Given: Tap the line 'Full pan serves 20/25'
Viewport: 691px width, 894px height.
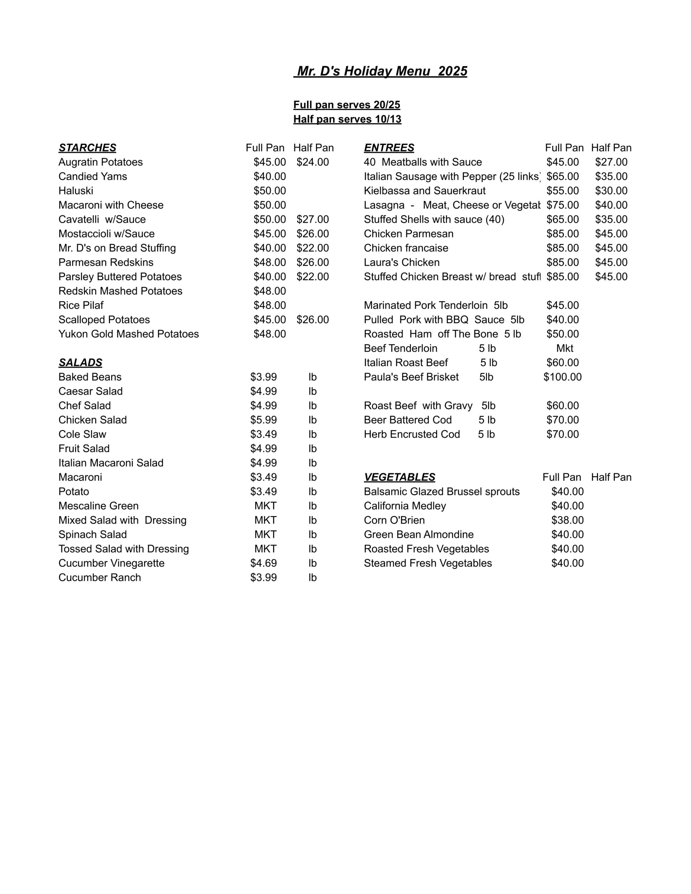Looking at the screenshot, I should [x=347, y=105].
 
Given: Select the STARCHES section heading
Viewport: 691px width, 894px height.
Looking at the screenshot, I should [x=87, y=148].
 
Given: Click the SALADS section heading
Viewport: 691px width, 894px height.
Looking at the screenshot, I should [x=80, y=363].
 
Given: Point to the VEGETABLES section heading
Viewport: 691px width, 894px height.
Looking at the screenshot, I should [x=399, y=477].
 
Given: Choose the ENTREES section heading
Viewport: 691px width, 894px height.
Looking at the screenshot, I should [x=389, y=148].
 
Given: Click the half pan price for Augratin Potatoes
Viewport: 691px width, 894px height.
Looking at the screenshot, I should [x=313, y=162].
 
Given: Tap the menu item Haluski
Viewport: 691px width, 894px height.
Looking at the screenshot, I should [x=76, y=191].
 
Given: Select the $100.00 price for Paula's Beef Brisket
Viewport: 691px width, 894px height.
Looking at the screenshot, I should [x=562, y=377].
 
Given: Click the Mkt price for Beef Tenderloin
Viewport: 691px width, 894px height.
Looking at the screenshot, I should [x=565, y=349].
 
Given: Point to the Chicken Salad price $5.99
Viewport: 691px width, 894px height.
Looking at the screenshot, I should [x=263, y=420].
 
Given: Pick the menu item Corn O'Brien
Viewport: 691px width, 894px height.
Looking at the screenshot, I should [x=394, y=520].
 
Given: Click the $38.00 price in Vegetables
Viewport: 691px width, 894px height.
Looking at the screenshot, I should [x=567, y=520].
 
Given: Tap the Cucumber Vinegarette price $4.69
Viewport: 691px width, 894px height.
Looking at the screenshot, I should [x=263, y=563].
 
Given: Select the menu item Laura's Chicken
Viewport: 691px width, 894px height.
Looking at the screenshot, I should [x=401, y=262].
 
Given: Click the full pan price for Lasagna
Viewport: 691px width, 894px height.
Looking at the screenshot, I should [x=562, y=205].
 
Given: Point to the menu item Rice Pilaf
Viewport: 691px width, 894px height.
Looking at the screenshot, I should [x=81, y=305].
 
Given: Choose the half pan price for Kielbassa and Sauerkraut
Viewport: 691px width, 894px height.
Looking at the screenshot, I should [x=611, y=191].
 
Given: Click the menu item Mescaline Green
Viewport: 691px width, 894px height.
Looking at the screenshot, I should [x=98, y=506].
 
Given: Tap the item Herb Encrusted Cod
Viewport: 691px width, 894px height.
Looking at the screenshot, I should [x=412, y=434].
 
